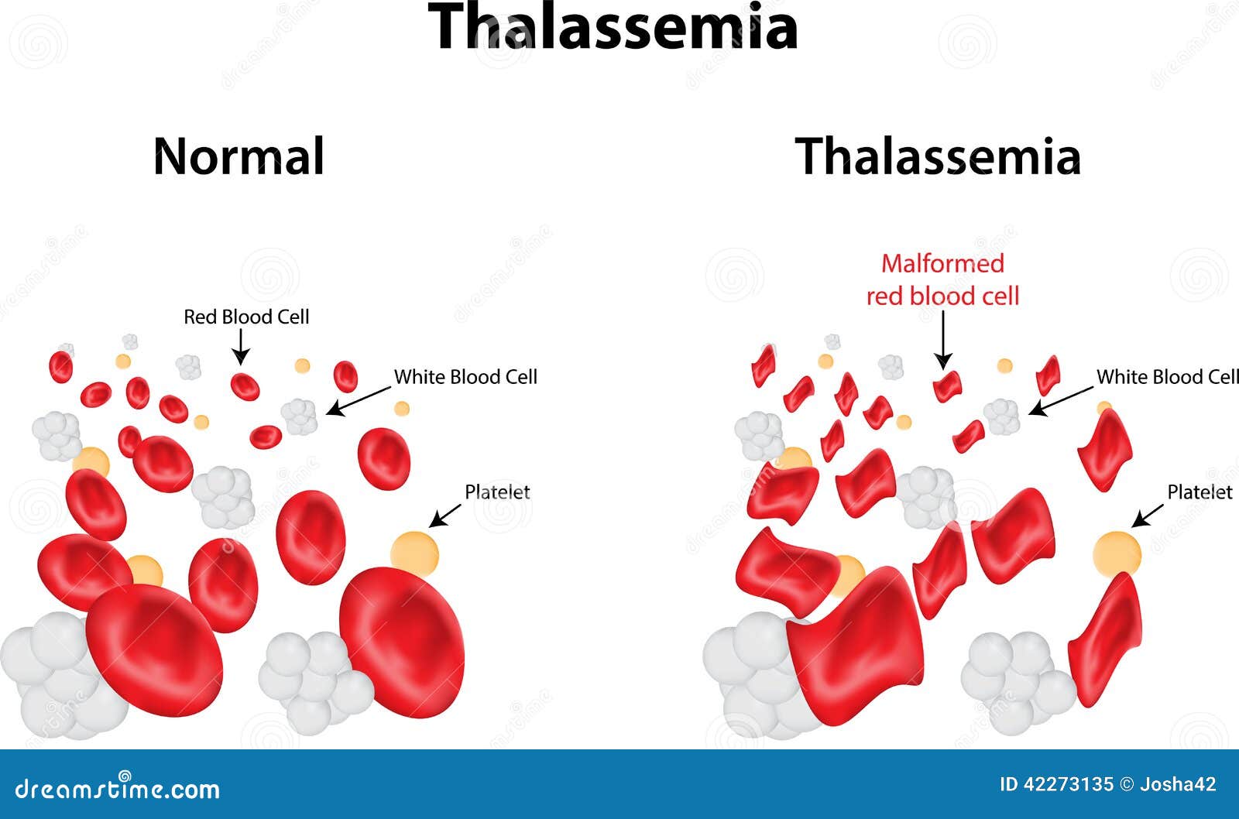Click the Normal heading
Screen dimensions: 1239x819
point(239,156)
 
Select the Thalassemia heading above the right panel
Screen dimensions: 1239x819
point(938,156)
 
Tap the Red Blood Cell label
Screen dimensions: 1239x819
point(246,317)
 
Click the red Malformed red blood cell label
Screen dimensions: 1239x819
point(942,279)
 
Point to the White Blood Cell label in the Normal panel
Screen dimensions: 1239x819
point(465,377)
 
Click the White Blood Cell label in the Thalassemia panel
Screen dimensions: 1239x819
point(1167,377)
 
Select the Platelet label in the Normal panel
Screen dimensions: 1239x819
point(497,492)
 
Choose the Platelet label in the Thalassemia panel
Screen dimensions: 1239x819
point(1200,492)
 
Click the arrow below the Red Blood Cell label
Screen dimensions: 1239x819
point(241,347)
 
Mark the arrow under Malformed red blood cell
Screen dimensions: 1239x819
point(943,340)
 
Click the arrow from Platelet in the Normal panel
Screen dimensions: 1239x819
point(445,516)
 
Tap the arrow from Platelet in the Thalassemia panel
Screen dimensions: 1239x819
point(1147,516)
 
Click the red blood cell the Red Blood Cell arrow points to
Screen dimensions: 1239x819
point(245,386)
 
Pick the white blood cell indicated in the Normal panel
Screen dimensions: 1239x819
point(299,416)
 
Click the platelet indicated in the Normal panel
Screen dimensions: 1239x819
point(415,553)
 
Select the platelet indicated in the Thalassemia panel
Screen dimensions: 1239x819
point(1117,553)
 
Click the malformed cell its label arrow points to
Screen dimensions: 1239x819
point(948,386)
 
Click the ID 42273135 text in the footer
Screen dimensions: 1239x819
point(1056,784)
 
